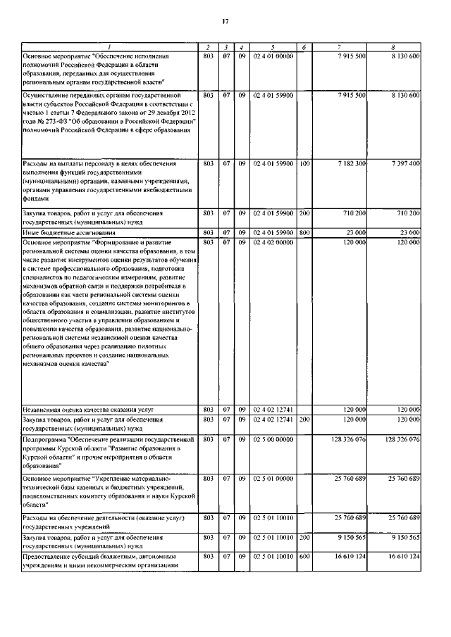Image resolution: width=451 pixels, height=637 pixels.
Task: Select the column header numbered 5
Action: pyautogui.click(x=271, y=48)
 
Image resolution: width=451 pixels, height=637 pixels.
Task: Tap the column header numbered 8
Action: pyautogui.click(x=394, y=48)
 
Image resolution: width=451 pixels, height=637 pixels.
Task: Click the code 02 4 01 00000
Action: pyautogui.click(x=271, y=56)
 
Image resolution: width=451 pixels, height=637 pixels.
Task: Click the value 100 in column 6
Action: pyautogui.click(x=304, y=163)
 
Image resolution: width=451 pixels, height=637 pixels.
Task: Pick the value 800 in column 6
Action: pyautogui.click(x=304, y=232)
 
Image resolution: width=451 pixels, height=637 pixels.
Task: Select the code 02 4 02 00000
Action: pyautogui.click(x=271, y=241)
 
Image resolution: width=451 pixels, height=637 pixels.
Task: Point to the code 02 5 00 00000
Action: pyautogui.click(x=271, y=439)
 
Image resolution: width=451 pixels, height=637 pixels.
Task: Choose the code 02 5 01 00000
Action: pyautogui.click(x=271, y=478)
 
